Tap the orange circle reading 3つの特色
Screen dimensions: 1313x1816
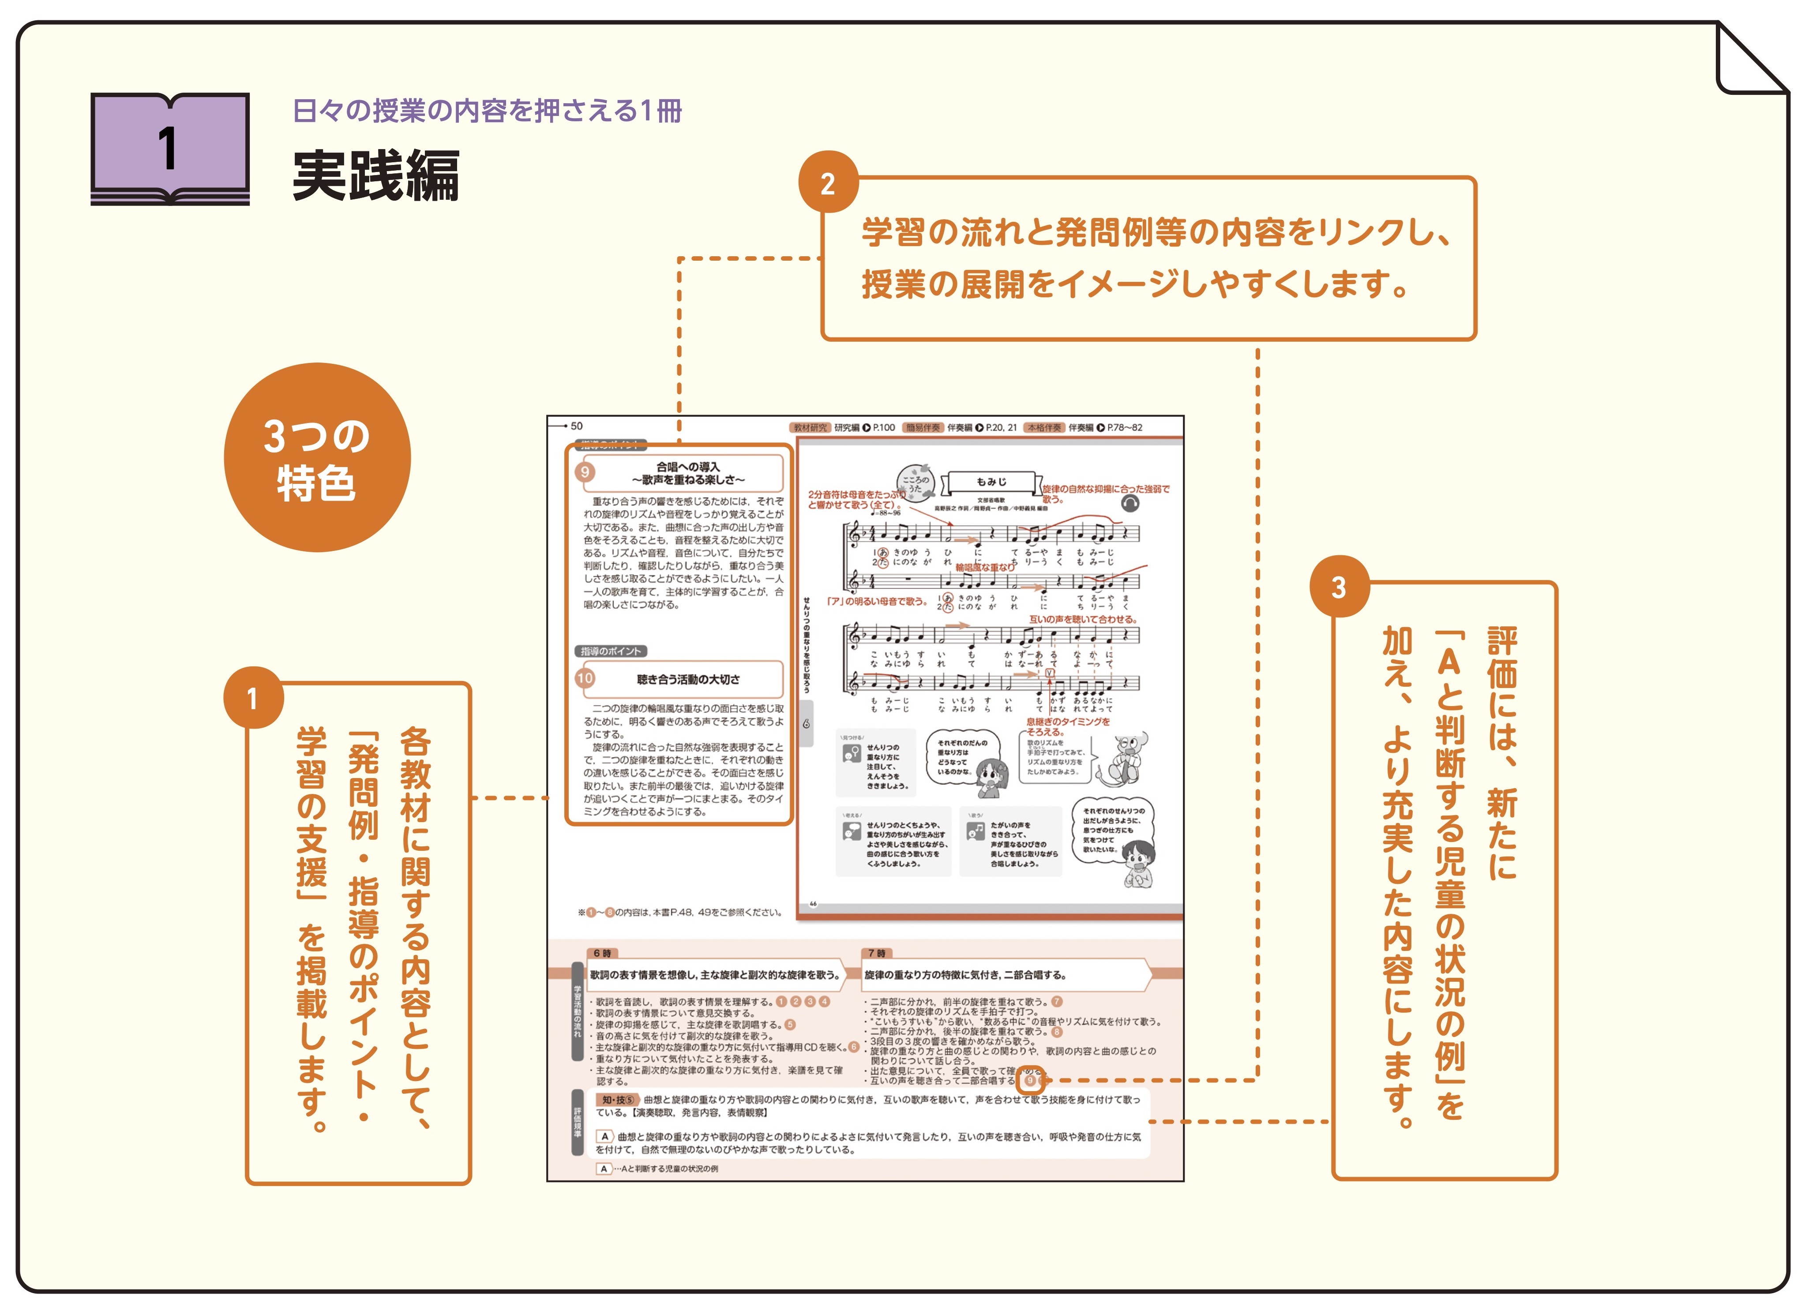point(317,458)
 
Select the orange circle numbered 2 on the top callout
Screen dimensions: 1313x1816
point(828,183)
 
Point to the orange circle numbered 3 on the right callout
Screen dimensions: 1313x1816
point(1339,587)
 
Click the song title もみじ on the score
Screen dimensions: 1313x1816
point(991,482)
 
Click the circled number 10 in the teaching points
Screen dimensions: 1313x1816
point(585,679)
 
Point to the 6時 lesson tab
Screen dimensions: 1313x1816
point(602,953)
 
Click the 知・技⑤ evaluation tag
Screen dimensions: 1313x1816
point(617,1100)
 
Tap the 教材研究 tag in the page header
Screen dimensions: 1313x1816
point(810,427)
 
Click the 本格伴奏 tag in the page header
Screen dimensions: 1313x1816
point(1044,427)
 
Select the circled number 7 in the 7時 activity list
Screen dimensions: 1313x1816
point(1057,1002)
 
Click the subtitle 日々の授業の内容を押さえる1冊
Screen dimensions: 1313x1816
point(487,111)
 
